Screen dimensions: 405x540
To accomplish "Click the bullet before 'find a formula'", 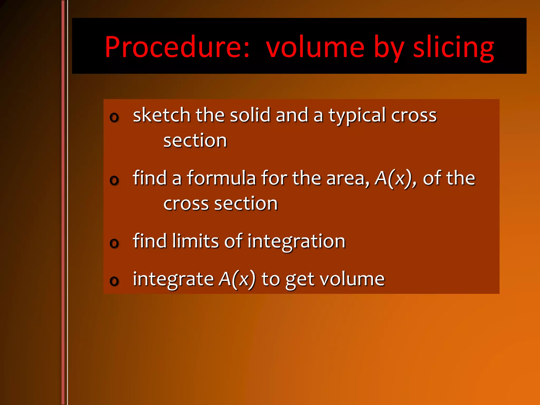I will coord(114,180).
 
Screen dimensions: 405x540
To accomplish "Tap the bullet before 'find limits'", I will coord(114,243).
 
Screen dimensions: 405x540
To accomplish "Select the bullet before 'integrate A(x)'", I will coord(114,281).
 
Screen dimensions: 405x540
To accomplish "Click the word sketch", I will coord(162,115).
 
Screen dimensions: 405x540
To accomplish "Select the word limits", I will coord(195,241).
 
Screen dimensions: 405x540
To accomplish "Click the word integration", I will coord(296,242).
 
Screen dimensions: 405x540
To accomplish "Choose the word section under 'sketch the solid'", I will coord(195,141).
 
